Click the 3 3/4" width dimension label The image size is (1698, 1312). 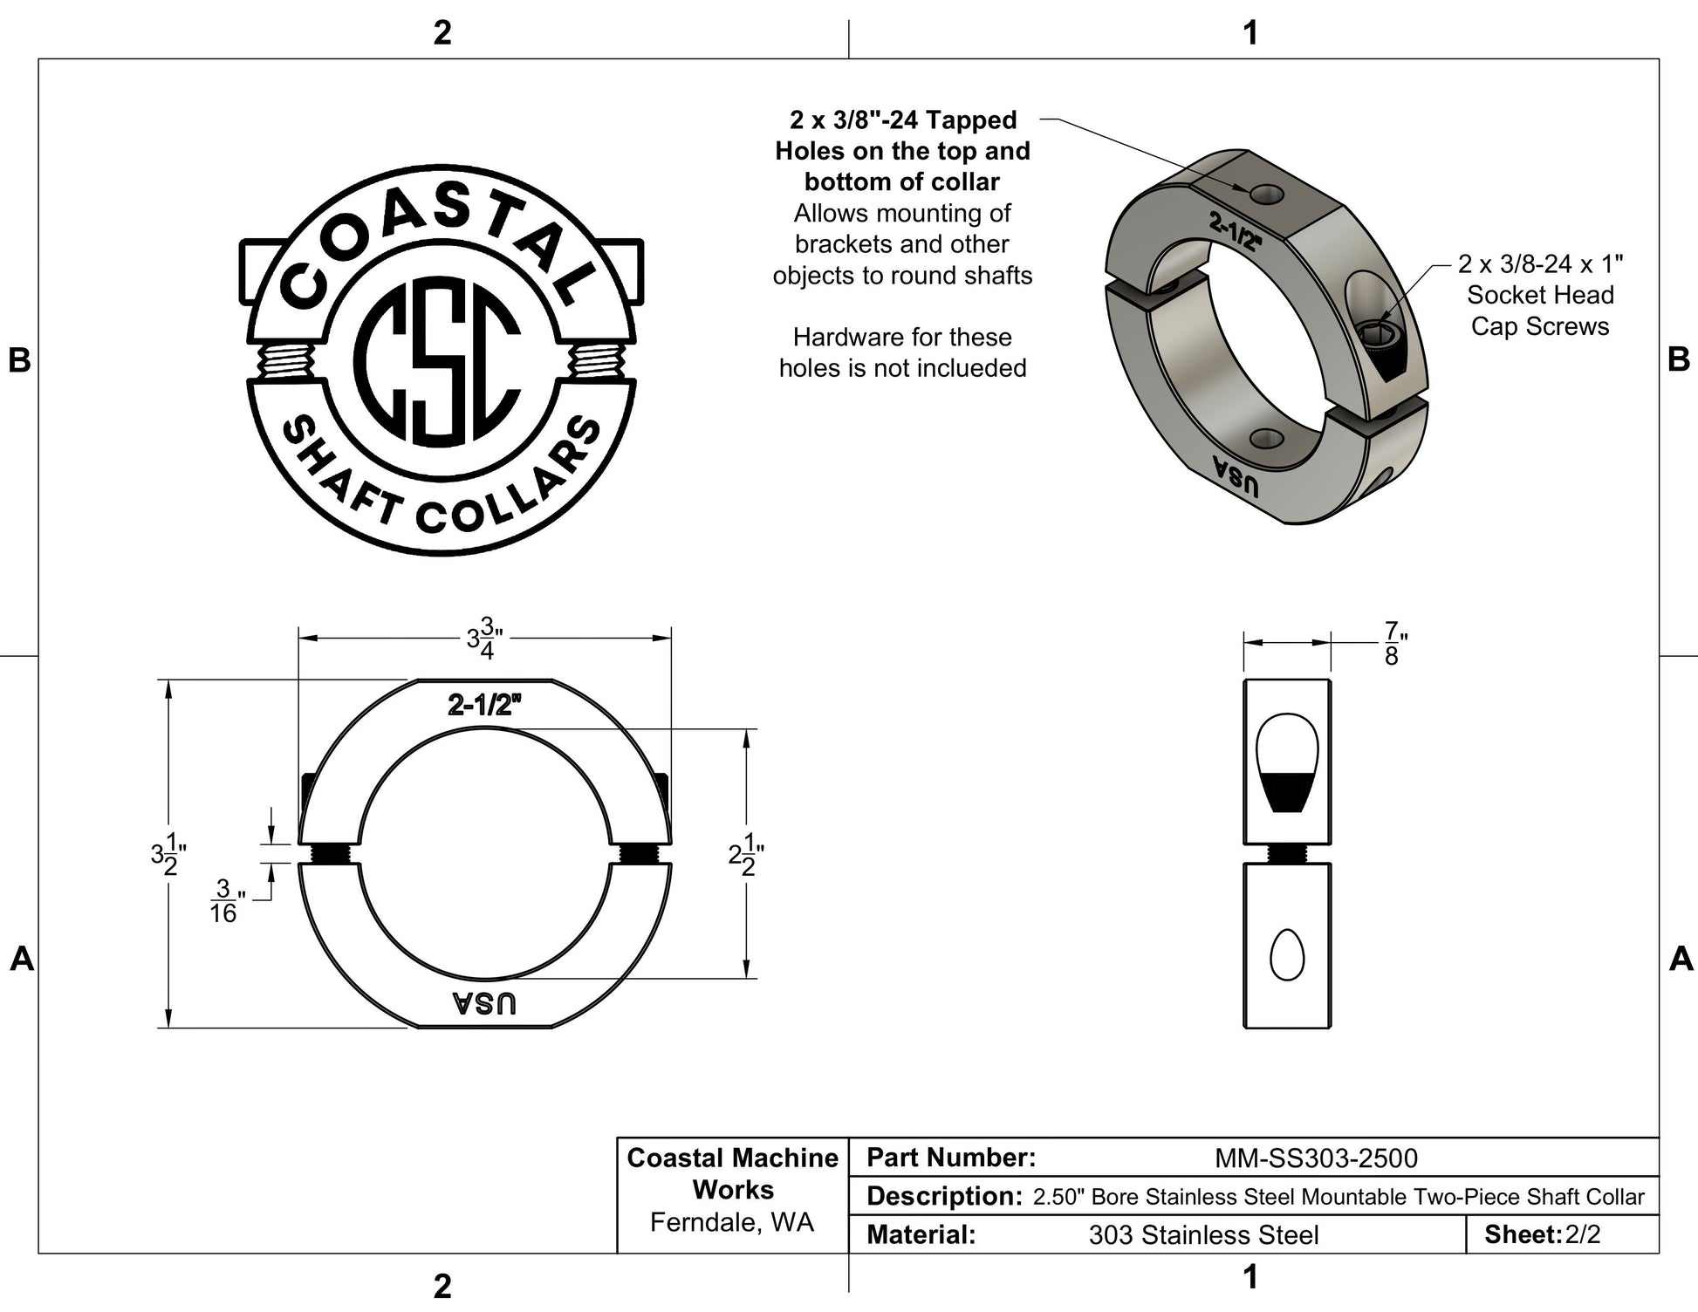[x=484, y=639]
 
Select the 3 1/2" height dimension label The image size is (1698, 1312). [x=168, y=854]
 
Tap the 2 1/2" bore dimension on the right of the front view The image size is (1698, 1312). [x=747, y=854]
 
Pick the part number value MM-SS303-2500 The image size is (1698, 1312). [x=1316, y=1158]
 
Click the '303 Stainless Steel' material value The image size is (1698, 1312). [x=1203, y=1235]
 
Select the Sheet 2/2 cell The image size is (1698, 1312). [x=1543, y=1234]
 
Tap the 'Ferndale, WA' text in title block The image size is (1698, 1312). [x=732, y=1222]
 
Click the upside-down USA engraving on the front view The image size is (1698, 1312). [x=484, y=1003]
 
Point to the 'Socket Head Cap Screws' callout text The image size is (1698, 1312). [x=1540, y=311]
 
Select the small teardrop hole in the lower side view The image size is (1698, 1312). [x=1287, y=955]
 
